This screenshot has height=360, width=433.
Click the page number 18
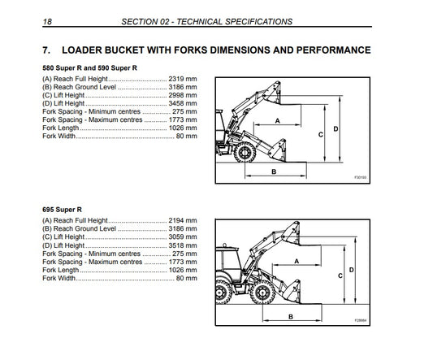pos(47,22)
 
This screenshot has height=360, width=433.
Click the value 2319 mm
pos(183,79)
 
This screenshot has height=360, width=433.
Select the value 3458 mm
pos(183,103)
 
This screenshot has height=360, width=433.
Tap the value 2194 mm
pos(183,220)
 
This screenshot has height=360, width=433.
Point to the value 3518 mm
pos(183,245)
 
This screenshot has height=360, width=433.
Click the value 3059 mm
pos(183,236)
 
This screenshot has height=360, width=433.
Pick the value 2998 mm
pos(183,95)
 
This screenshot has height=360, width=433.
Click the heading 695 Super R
pos(62,210)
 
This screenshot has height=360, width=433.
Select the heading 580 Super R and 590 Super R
pos(89,68)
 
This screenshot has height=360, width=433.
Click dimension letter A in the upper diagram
pos(278,121)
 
